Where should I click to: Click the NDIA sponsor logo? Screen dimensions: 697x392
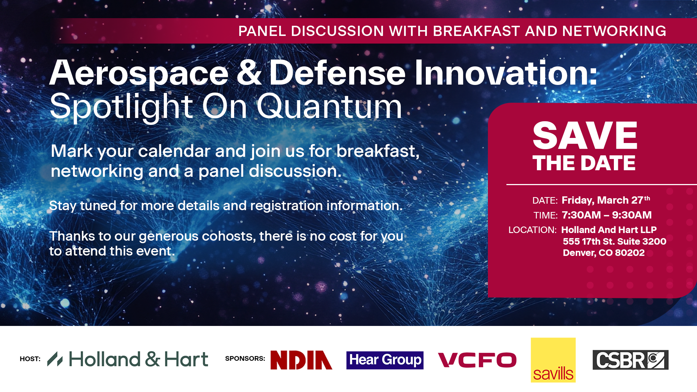point(301,360)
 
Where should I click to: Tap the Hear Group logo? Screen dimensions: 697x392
point(385,360)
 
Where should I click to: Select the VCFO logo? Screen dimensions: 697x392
point(477,360)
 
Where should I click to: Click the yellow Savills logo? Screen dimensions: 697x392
point(553,360)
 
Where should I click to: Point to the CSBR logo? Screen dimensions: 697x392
point(631,360)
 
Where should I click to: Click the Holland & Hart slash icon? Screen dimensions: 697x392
point(55,359)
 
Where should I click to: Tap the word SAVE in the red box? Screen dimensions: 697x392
point(585,135)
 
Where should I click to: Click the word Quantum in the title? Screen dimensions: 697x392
point(329,106)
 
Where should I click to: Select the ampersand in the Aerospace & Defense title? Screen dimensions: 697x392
point(249,73)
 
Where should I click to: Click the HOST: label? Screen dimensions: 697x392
point(30,359)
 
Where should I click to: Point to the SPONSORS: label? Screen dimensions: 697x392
point(245,359)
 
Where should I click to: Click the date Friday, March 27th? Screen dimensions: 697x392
point(606,200)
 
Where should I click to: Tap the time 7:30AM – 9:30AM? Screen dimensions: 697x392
point(607,215)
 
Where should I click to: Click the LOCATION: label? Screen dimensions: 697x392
point(533,230)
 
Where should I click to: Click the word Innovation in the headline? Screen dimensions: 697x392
point(506,73)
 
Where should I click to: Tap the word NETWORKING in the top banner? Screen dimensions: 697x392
point(614,31)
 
